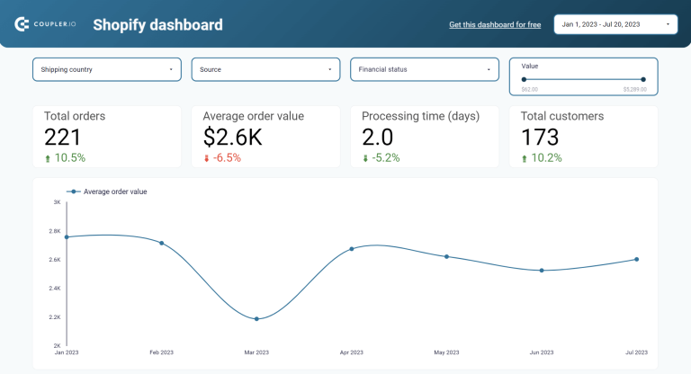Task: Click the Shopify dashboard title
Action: [x=157, y=25]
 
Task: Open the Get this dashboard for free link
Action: [x=495, y=25]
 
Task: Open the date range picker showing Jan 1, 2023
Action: [x=615, y=24]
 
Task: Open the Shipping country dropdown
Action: [x=107, y=69]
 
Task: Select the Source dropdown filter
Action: [x=265, y=69]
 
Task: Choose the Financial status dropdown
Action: [x=424, y=69]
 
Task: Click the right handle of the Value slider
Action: [x=643, y=80]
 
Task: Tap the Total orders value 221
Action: [x=63, y=137]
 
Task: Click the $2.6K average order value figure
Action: [x=234, y=137]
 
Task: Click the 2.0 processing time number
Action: [x=380, y=137]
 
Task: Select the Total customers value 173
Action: [x=540, y=137]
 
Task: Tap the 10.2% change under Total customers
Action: [x=546, y=158]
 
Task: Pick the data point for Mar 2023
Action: [x=256, y=318]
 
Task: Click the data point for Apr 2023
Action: [x=352, y=249]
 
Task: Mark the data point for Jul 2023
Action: [x=636, y=259]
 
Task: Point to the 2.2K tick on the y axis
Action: [x=55, y=317]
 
